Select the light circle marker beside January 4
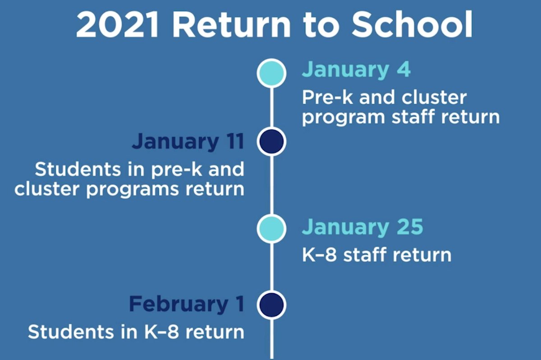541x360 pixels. click(271, 73)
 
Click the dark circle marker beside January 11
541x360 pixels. click(271, 141)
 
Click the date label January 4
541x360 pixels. click(356, 70)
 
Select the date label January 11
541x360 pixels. click(188, 141)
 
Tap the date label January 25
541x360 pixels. click(362, 227)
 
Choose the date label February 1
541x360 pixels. click(187, 305)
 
